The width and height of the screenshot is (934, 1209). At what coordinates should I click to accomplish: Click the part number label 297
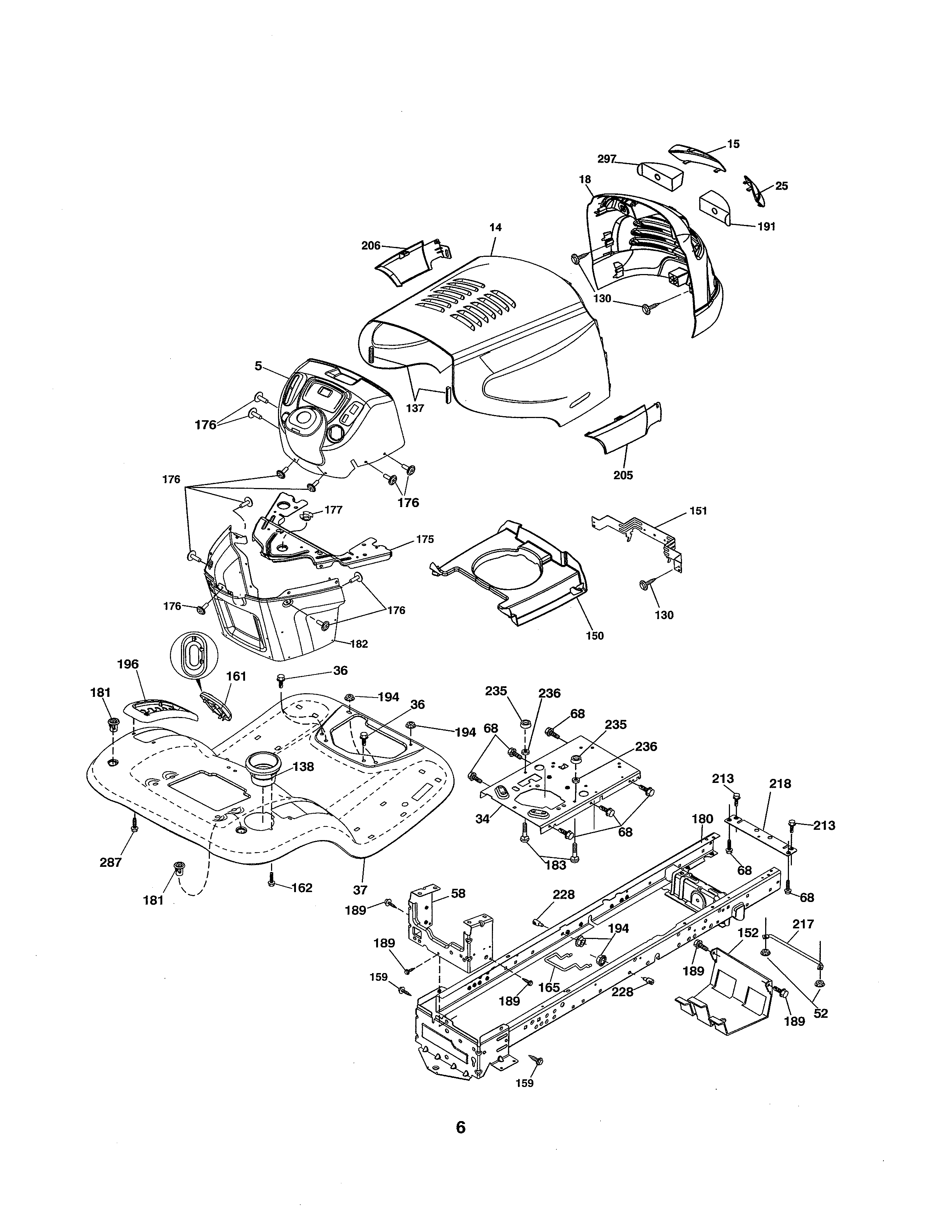click(x=607, y=159)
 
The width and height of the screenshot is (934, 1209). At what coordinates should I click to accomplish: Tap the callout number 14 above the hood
click(x=495, y=227)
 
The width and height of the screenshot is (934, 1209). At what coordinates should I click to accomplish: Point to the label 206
click(x=371, y=246)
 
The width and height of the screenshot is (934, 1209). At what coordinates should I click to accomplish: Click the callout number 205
click(x=623, y=475)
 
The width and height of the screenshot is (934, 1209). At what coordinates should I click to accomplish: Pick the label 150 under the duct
click(x=595, y=636)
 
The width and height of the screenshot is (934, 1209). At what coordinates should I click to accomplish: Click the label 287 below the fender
click(x=110, y=862)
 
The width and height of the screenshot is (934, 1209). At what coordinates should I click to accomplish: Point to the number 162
click(x=301, y=888)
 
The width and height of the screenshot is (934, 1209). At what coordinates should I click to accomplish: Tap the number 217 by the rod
click(x=803, y=924)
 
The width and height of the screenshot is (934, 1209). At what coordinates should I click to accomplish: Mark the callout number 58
click(x=458, y=894)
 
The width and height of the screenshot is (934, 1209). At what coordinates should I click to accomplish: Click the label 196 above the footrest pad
click(x=128, y=664)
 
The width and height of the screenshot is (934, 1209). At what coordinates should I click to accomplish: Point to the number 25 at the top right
click(x=781, y=186)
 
